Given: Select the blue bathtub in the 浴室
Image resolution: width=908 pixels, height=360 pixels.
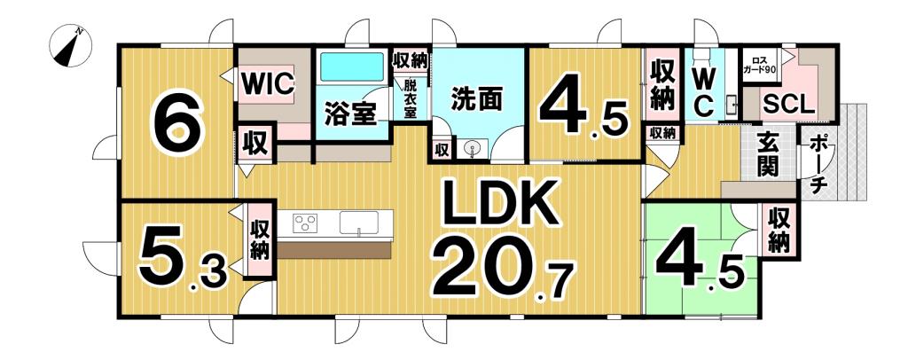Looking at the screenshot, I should click(x=351, y=68).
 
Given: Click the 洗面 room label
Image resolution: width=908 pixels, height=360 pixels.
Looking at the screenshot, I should click(x=474, y=98).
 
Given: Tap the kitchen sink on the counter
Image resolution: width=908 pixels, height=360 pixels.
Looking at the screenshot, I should click(x=359, y=222).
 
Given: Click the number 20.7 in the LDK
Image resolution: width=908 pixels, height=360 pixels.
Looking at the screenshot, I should click(x=502, y=267).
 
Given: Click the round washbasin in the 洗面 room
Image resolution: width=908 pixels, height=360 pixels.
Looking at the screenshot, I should click(x=473, y=150).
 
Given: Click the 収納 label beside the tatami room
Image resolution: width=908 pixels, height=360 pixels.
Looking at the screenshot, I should click(x=779, y=229).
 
